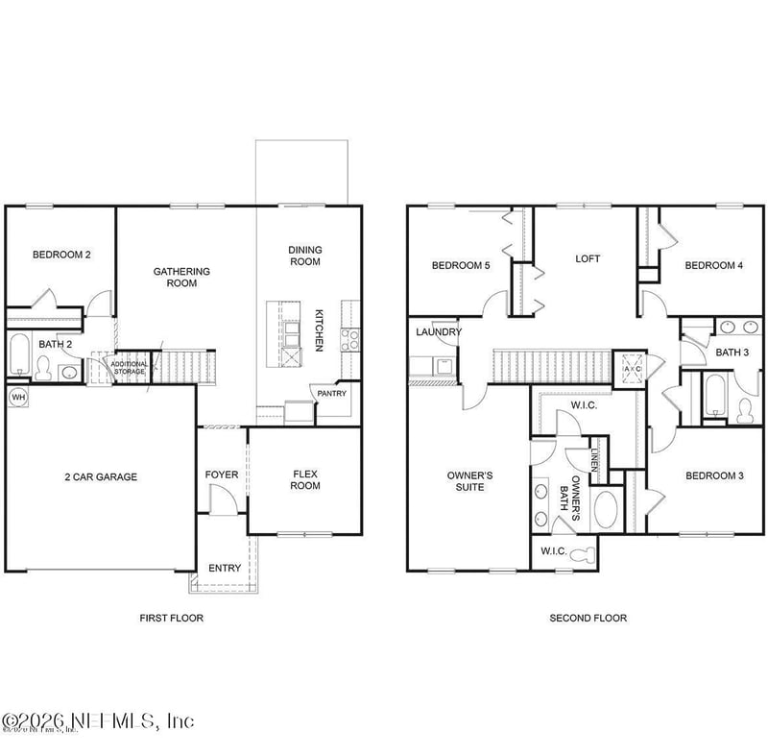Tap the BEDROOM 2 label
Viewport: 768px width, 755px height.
(x=61, y=255)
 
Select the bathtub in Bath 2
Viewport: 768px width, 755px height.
(x=18, y=354)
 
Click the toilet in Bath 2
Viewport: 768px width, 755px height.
(x=42, y=368)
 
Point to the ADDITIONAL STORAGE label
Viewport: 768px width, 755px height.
(x=129, y=367)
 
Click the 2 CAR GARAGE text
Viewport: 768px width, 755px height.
(x=101, y=476)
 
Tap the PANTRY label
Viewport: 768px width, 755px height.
(x=333, y=394)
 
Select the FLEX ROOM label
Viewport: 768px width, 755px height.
(x=305, y=479)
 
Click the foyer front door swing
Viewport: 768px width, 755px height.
(x=222, y=499)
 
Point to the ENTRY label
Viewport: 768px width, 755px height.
(x=225, y=568)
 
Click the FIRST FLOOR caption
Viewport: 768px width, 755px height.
(x=172, y=619)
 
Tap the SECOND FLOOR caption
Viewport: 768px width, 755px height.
(x=588, y=619)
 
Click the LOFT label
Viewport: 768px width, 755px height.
(x=588, y=258)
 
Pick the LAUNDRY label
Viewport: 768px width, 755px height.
(x=439, y=332)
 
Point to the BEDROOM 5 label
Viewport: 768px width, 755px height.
(x=461, y=266)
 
